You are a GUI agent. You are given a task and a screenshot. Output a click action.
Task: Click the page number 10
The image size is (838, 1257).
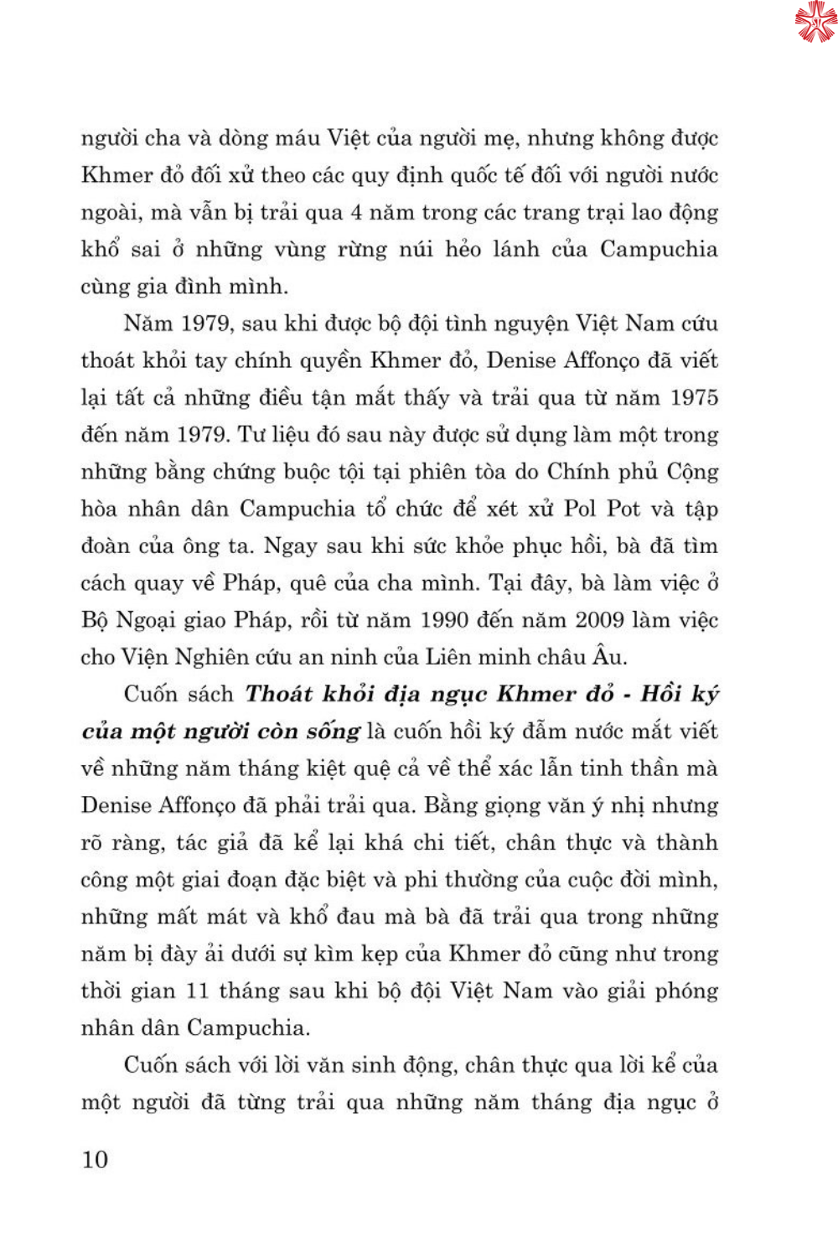[95, 1159]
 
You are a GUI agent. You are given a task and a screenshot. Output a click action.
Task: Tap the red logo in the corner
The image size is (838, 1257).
[815, 22]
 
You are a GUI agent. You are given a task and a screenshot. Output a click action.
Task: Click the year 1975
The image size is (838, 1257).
[695, 397]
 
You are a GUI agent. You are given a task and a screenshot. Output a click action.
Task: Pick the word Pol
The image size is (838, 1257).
[580, 509]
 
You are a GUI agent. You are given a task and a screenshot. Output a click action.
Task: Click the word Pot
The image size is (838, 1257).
[623, 509]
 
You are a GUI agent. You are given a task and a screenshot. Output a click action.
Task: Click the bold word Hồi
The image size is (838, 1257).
[661, 694]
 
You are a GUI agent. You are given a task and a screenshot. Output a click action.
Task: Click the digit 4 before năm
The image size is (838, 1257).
[356, 212]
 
